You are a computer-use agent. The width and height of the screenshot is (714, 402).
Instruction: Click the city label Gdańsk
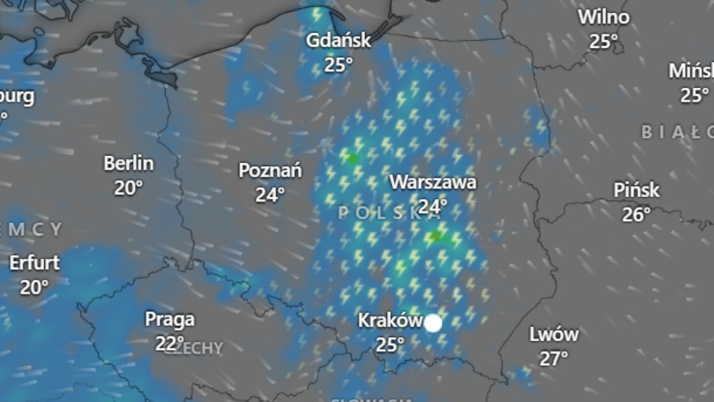[338, 40]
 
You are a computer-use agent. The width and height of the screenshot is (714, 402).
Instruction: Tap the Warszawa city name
[433, 182]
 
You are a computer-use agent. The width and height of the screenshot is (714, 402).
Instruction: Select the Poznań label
[270, 171]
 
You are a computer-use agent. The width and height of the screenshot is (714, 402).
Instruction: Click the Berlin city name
[129, 163]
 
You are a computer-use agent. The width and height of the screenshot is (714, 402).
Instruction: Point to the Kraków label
[390, 320]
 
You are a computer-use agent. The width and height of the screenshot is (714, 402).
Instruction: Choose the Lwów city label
[554, 335]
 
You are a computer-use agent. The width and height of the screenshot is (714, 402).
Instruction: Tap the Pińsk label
[637, 191]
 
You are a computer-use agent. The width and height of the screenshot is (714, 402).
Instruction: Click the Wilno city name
[604, 17]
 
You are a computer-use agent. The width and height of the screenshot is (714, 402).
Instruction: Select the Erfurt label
[35, 263]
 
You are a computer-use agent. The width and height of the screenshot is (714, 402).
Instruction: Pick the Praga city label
[170, 320]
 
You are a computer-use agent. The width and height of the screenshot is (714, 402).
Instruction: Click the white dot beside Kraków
[433, 323]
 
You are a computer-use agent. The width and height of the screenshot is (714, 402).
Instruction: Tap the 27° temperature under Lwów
[554, 359]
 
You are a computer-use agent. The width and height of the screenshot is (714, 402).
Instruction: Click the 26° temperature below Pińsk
[637, 214]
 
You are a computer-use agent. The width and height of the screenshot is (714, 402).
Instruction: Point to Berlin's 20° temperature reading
[129, 188]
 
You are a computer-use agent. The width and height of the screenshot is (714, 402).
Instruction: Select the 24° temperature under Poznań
[270, 195]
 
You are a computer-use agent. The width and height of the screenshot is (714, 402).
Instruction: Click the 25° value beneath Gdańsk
[338, 64]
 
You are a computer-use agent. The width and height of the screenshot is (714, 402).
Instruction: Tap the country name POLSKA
[381, 213]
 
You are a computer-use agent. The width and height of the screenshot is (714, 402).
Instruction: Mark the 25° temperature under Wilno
[604, 41]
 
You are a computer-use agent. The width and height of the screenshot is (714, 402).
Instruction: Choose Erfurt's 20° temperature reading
[35, 288]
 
